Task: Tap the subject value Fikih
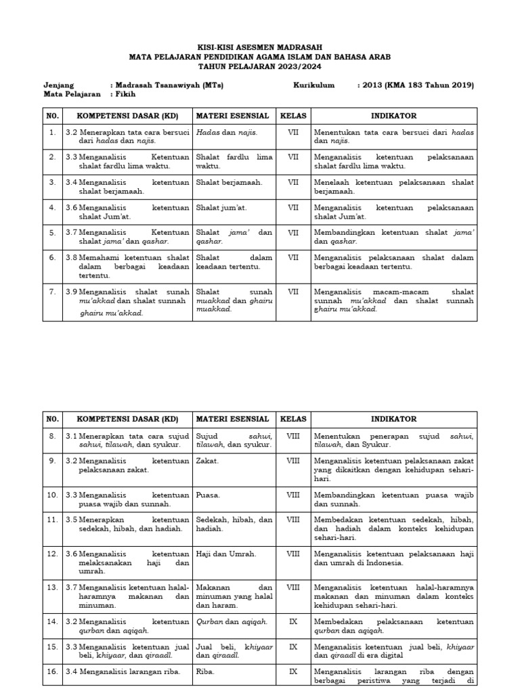click(x=125, y=95)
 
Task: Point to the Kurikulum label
click(x=314, y=85)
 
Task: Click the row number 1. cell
click(x=52, y=132)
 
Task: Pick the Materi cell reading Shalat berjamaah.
click(x=220, y=181)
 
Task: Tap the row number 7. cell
click(x=52, y=291)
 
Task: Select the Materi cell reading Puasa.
click(x=208, y=495)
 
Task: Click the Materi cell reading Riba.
click(x=205, y=671)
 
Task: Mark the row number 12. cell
click(x=52, y=554)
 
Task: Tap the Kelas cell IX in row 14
click(x=293, y=621)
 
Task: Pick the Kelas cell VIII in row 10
click(x=293, y=495)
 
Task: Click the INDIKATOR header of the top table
click(x=394, y=116)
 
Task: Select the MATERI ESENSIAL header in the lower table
click(x=233, y=419)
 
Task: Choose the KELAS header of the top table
click(x=293, y=116)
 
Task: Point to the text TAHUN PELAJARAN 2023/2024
click(x=260, y=66)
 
